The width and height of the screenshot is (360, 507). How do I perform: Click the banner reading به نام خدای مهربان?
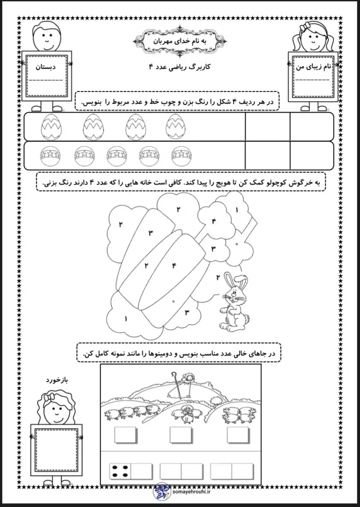pos(180,41)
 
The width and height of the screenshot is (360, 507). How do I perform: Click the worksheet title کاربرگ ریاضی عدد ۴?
pos(180,67)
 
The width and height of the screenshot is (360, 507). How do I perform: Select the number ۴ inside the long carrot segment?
pos(174,266)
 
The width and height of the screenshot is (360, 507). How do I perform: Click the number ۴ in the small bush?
pos(214,221)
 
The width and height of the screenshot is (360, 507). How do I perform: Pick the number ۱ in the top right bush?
pos(237,210)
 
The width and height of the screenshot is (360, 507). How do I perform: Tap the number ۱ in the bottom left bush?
pos(126,319)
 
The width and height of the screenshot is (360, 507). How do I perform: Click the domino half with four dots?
pos(120,471)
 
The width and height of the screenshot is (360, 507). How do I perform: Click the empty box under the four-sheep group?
pos(125,435)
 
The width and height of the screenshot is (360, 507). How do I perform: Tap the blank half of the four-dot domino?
pos(141,471)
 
